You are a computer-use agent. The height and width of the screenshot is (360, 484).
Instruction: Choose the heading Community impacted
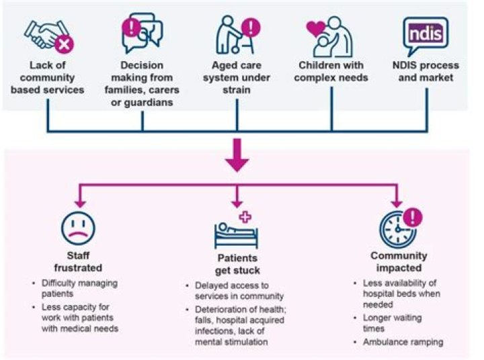[x=399, y=263]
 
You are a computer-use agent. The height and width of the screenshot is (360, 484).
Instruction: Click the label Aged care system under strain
[x=237, y=77]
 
